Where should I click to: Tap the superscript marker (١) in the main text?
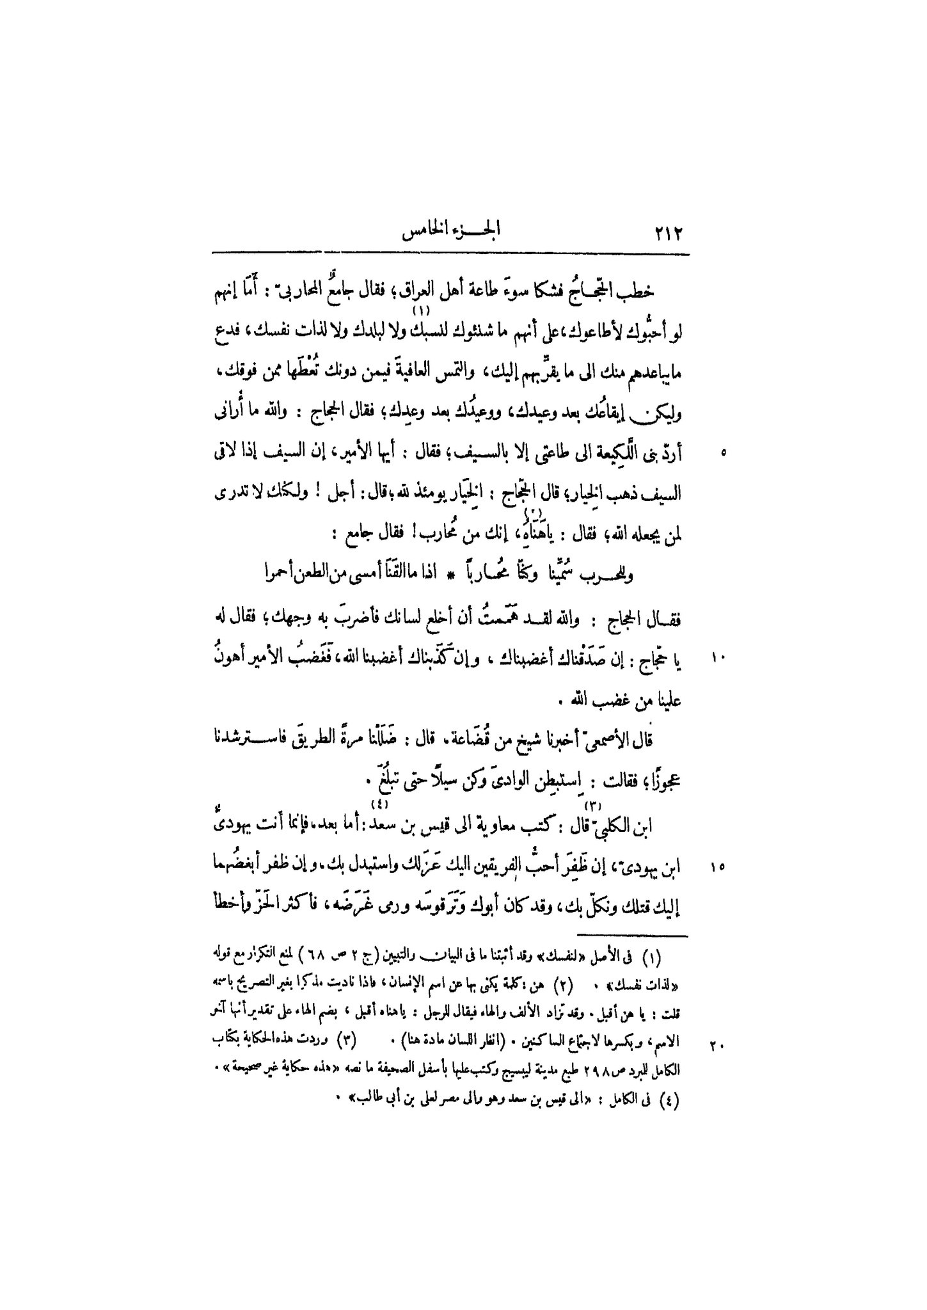point(422,311)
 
